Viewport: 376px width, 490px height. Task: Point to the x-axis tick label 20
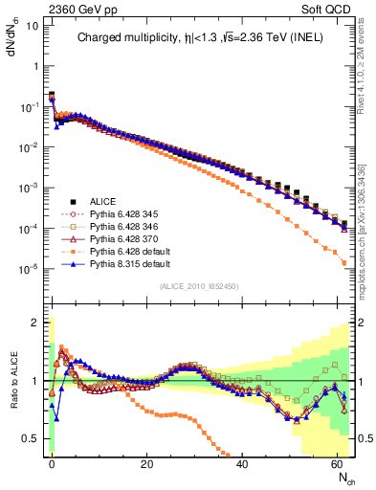point(146,462)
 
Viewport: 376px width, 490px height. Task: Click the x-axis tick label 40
point(242,462)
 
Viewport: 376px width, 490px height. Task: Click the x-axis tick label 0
point(52,462)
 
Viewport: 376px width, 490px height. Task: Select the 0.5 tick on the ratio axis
point(33,438)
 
